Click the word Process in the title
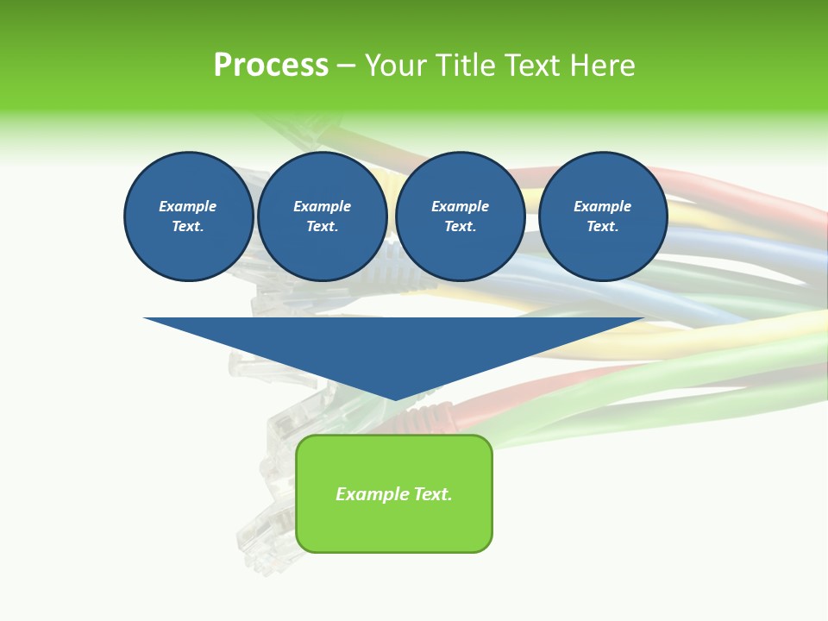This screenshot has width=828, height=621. (x=271, y=66)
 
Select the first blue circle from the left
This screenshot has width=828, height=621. (x=188, y=216)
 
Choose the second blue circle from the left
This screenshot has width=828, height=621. (x=323, y=216)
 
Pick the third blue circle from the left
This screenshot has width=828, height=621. (x=461, y=216)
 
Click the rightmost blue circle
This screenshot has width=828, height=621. (x=603, y=216)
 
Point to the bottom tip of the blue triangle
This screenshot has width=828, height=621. (x=395, y=399)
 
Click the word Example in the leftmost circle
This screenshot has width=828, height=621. (x=188, y=206)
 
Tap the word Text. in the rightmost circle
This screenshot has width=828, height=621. (x=603, y=227)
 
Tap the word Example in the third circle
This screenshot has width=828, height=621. (x=461, y=206)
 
